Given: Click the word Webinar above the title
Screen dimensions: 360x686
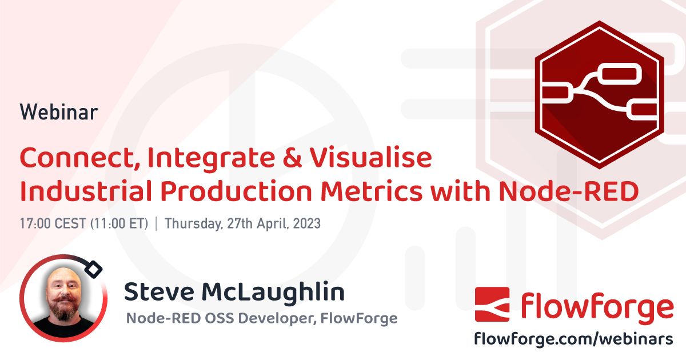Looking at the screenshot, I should (x=58, y=112).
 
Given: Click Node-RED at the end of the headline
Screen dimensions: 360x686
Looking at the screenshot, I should (x=569, y=193).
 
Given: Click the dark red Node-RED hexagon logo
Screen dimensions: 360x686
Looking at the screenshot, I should (x=599, y=94).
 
